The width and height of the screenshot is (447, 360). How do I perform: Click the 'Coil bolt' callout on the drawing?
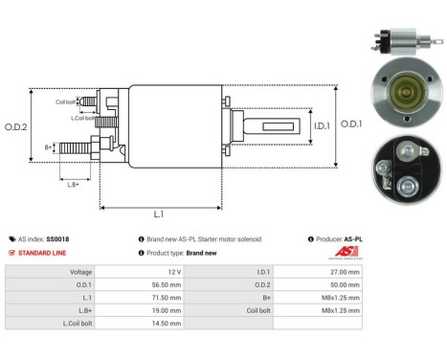point(65,101)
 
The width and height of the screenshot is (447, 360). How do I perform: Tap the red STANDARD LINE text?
point(42,253)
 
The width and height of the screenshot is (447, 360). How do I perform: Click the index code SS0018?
point(56,238)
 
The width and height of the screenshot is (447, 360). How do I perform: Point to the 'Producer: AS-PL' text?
point(341,238)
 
